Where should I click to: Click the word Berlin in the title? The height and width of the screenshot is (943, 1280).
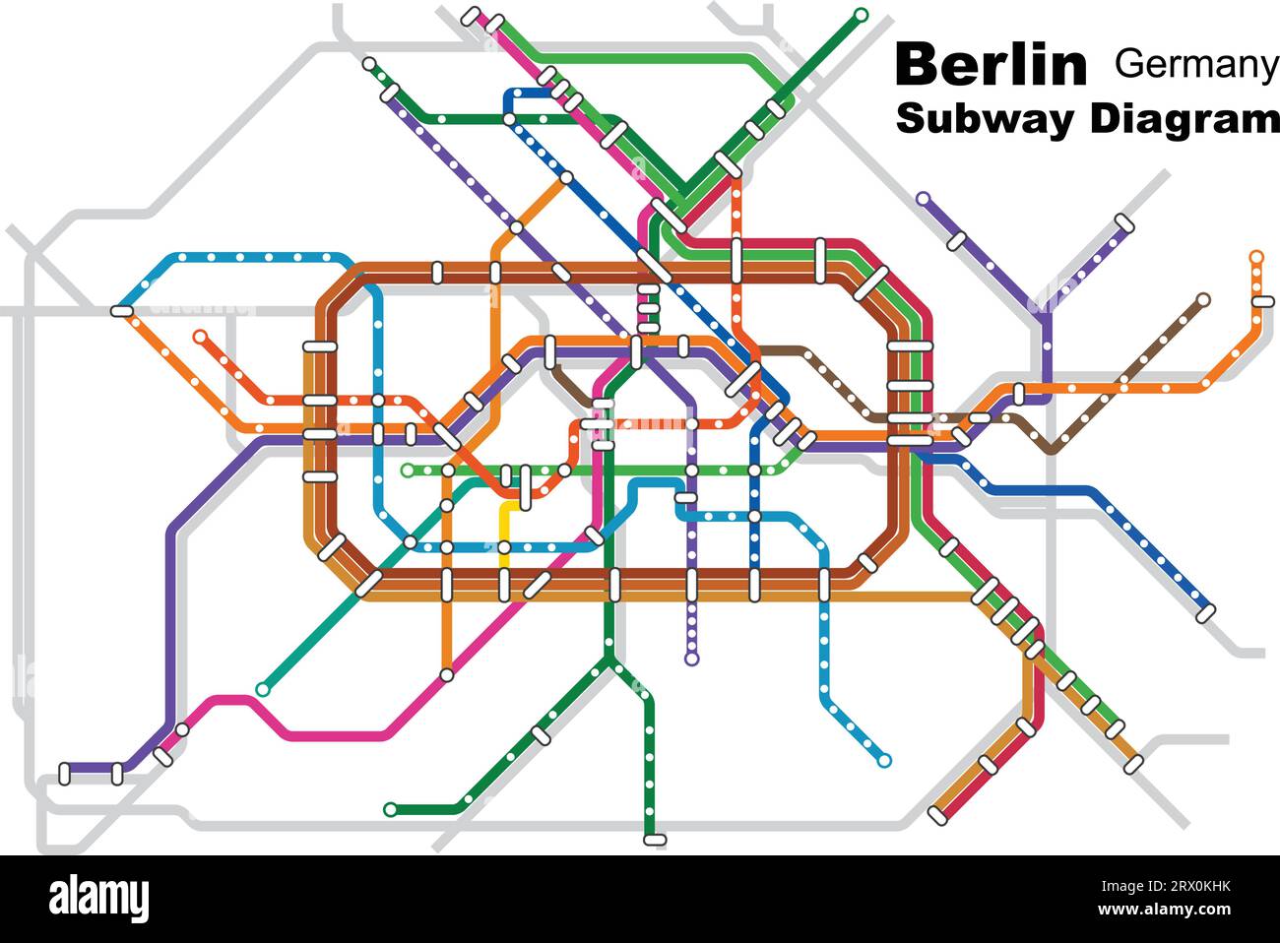click(991, 65)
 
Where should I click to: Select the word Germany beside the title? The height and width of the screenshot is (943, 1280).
click(1195, 64)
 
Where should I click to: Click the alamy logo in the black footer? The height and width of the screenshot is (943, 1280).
click(98, 898)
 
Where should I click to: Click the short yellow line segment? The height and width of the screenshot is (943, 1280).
click(504, 532)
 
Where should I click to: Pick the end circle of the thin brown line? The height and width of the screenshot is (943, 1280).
click(1203, 298)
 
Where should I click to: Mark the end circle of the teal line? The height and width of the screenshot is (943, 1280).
click(262, 690)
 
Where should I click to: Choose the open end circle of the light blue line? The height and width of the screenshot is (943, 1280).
click(884, 760)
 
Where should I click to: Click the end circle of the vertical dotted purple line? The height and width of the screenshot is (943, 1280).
click(691, 659)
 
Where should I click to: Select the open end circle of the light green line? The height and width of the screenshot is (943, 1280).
click(407, 471)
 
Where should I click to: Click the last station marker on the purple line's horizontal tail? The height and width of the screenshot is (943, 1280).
click(66, 774)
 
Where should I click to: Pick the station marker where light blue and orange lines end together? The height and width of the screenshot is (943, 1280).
click(121, 311)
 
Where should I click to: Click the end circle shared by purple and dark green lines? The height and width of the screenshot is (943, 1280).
click(368, 64)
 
